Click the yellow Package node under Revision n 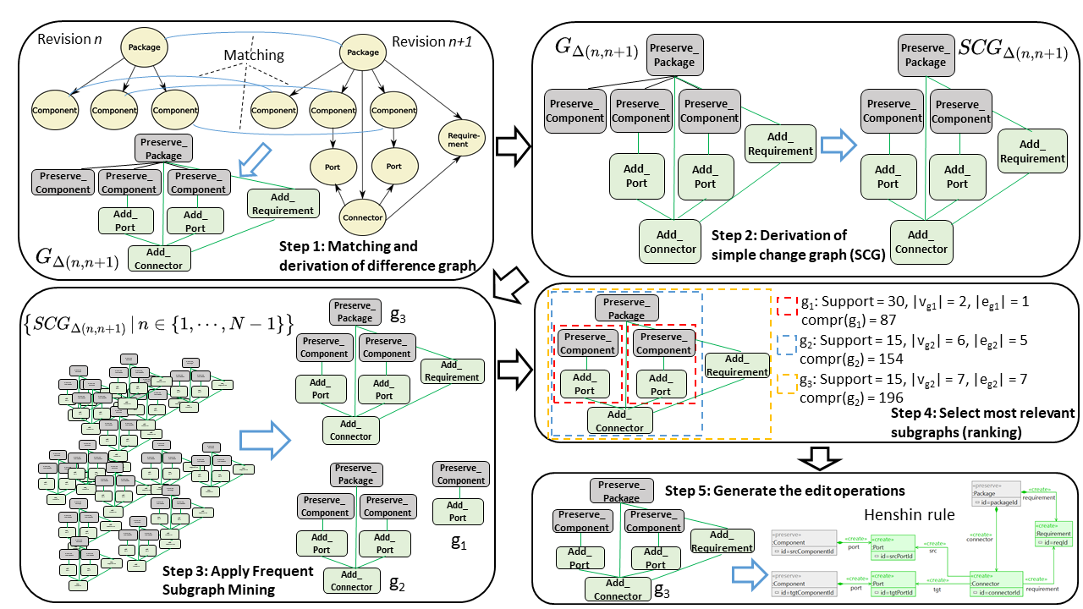[145, 48]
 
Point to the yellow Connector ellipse [362, 217]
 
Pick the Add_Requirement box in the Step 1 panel [283, 203]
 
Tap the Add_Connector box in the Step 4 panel [619, 420]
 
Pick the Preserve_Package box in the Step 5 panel [621, 491]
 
